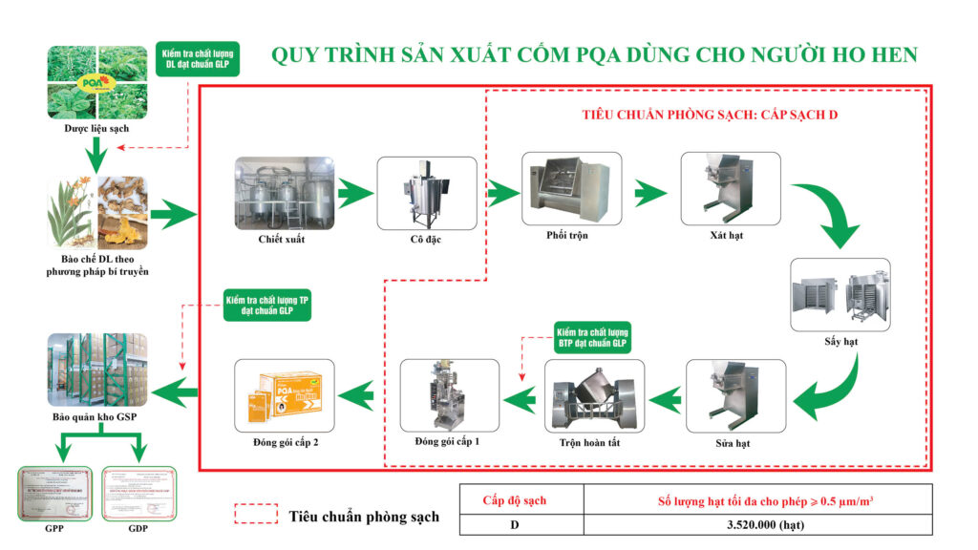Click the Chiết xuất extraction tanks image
click(x=283, y=191)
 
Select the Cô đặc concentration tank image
click(x=426, y=192)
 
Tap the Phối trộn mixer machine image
click(x=570, y=186)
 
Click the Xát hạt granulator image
click(x=730, y=186)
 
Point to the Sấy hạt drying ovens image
click(x=840, y=294)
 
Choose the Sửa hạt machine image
click(x=734, y=395)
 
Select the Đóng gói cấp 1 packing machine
click(x=449, y=394)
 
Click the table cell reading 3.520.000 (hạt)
click(x=760, y=524)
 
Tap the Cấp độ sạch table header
click(x=521, y=498)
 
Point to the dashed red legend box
click(x=255, y=515)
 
